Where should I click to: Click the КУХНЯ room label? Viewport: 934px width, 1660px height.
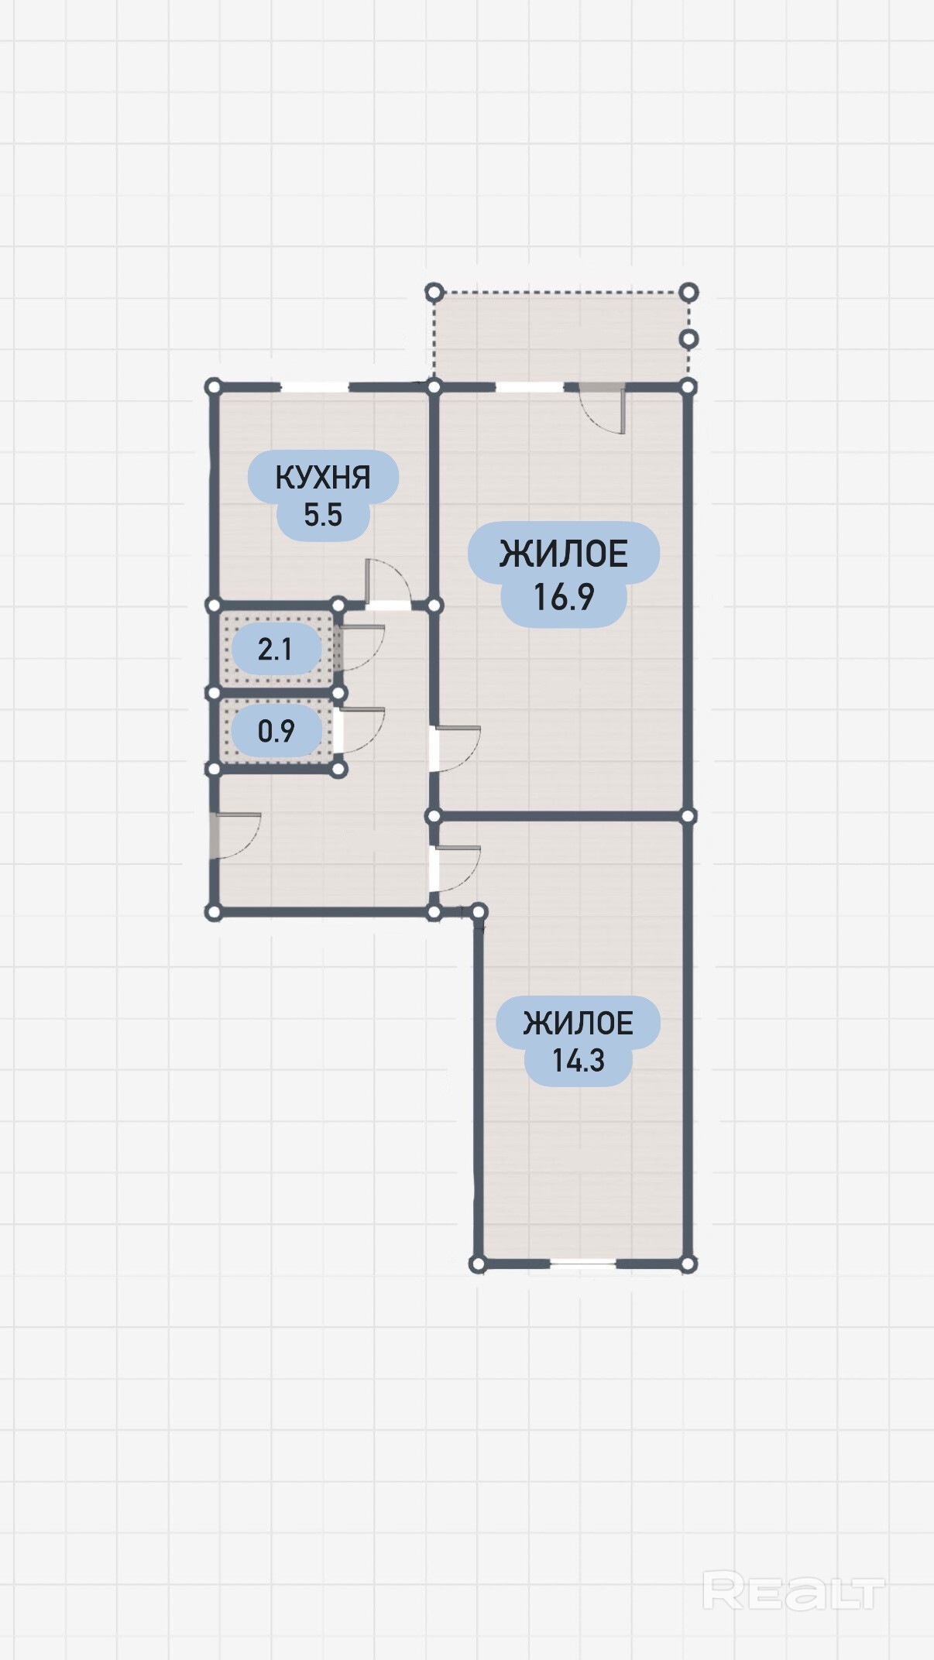click(323, 477)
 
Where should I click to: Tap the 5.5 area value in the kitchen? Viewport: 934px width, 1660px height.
click(323, 515)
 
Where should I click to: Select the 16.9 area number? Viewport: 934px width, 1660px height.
click(564, 597)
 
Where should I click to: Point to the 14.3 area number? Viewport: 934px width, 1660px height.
click(578, 1060)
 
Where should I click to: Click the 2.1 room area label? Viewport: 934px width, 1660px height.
click(275, 649)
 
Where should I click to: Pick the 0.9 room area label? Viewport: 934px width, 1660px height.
click(276, 731)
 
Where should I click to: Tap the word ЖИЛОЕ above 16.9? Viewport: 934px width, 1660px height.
click(564, 554)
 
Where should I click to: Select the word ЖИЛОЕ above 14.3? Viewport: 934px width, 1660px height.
click(578, 1023)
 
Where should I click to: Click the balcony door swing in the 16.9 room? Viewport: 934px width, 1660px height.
click(604, 409)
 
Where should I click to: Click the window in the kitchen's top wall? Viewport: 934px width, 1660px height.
click(315, 386)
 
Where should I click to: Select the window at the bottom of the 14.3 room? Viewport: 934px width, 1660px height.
click(583, 1264)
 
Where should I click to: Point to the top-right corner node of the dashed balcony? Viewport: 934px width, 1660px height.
click(688, 292)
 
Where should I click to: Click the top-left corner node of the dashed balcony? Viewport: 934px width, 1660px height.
click(434, 292)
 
